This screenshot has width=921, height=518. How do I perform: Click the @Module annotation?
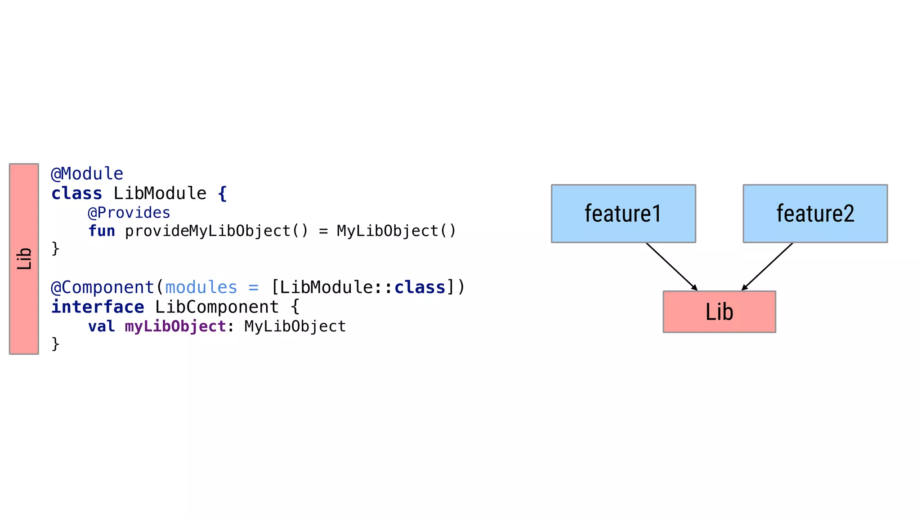[87, 174]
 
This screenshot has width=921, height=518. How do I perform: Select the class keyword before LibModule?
[76, 193]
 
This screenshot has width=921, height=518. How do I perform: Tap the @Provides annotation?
[129, 212]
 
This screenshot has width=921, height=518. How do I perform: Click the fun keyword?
[102, 231]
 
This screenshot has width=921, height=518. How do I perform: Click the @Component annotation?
[103, 287]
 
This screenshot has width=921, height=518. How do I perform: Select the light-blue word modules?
[201, 287]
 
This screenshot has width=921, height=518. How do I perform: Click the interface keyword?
[98, 307]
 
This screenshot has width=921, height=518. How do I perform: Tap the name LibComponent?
[217, 307]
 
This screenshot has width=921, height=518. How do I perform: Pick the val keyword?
[102, 326]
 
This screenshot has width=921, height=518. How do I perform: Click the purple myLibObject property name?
[175, 326]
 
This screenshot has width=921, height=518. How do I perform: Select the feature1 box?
[623, 214]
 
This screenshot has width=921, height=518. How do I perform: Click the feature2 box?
[815, 214]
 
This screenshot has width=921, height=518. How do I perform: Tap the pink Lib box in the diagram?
[719, 312]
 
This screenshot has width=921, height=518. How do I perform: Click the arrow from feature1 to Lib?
[671, 267]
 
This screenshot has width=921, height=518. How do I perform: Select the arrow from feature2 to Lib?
[767, 267]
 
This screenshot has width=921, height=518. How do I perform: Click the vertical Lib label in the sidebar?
[24, 259]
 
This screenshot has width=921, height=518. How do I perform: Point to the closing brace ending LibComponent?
[55, 344]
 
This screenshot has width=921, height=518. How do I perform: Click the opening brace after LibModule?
[222, 194]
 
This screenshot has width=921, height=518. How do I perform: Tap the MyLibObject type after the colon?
[295, 326]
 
